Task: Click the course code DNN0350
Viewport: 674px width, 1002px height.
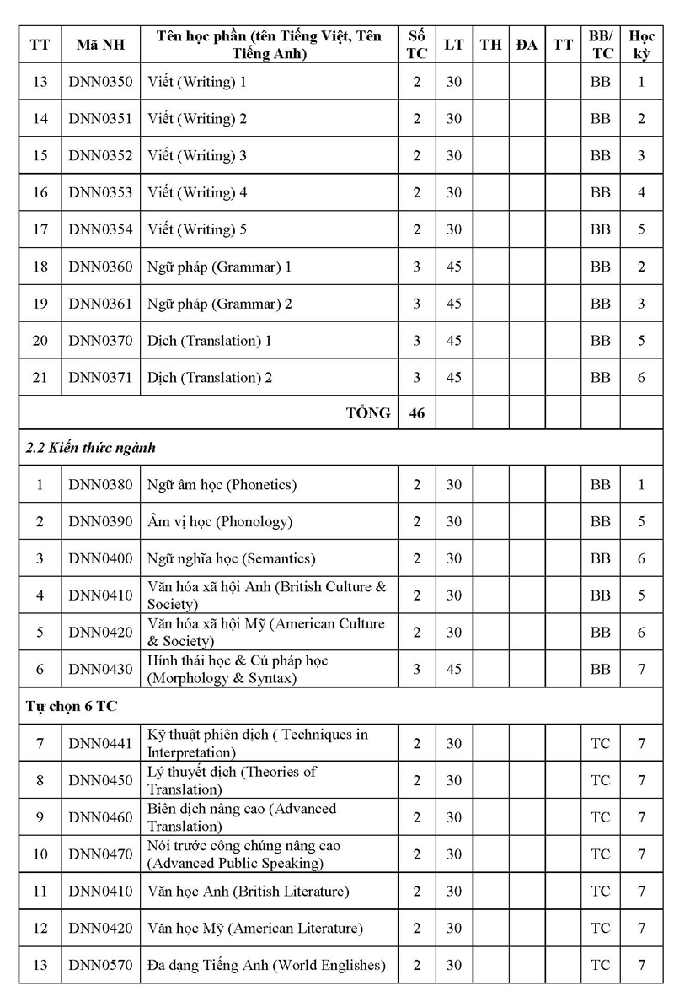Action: [x=100, y=83]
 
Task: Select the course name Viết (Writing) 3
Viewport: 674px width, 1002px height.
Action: [x=197, y=156]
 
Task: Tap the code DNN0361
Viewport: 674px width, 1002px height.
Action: [x=100, y=304]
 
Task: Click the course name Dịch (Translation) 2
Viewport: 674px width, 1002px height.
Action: [x=210, y=378]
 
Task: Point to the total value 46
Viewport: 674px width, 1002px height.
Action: [x=416, y=413]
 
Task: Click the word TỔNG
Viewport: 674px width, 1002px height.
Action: [x=368, y=413]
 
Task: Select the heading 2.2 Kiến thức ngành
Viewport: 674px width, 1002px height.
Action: [x=91, y=448]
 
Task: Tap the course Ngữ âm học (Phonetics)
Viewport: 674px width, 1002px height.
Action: [x=222, y=485]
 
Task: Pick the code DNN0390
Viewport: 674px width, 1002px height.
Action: [x=100, y=522]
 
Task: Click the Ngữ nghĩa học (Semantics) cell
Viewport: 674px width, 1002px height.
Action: [x=231, y=558]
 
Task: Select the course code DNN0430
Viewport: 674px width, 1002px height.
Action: [x=100, y=670]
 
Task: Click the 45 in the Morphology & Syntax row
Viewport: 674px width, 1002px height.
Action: [x=454, y=670]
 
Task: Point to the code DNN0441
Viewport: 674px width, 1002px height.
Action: [x=100, y=743]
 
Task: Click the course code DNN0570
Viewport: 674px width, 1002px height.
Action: [x=100, y=965]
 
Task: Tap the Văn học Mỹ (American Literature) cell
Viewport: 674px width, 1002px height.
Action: [x=255, y=929]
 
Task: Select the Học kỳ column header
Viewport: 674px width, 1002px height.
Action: [x=641, y=45]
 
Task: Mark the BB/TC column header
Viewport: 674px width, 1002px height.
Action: [x=601, y=45]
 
